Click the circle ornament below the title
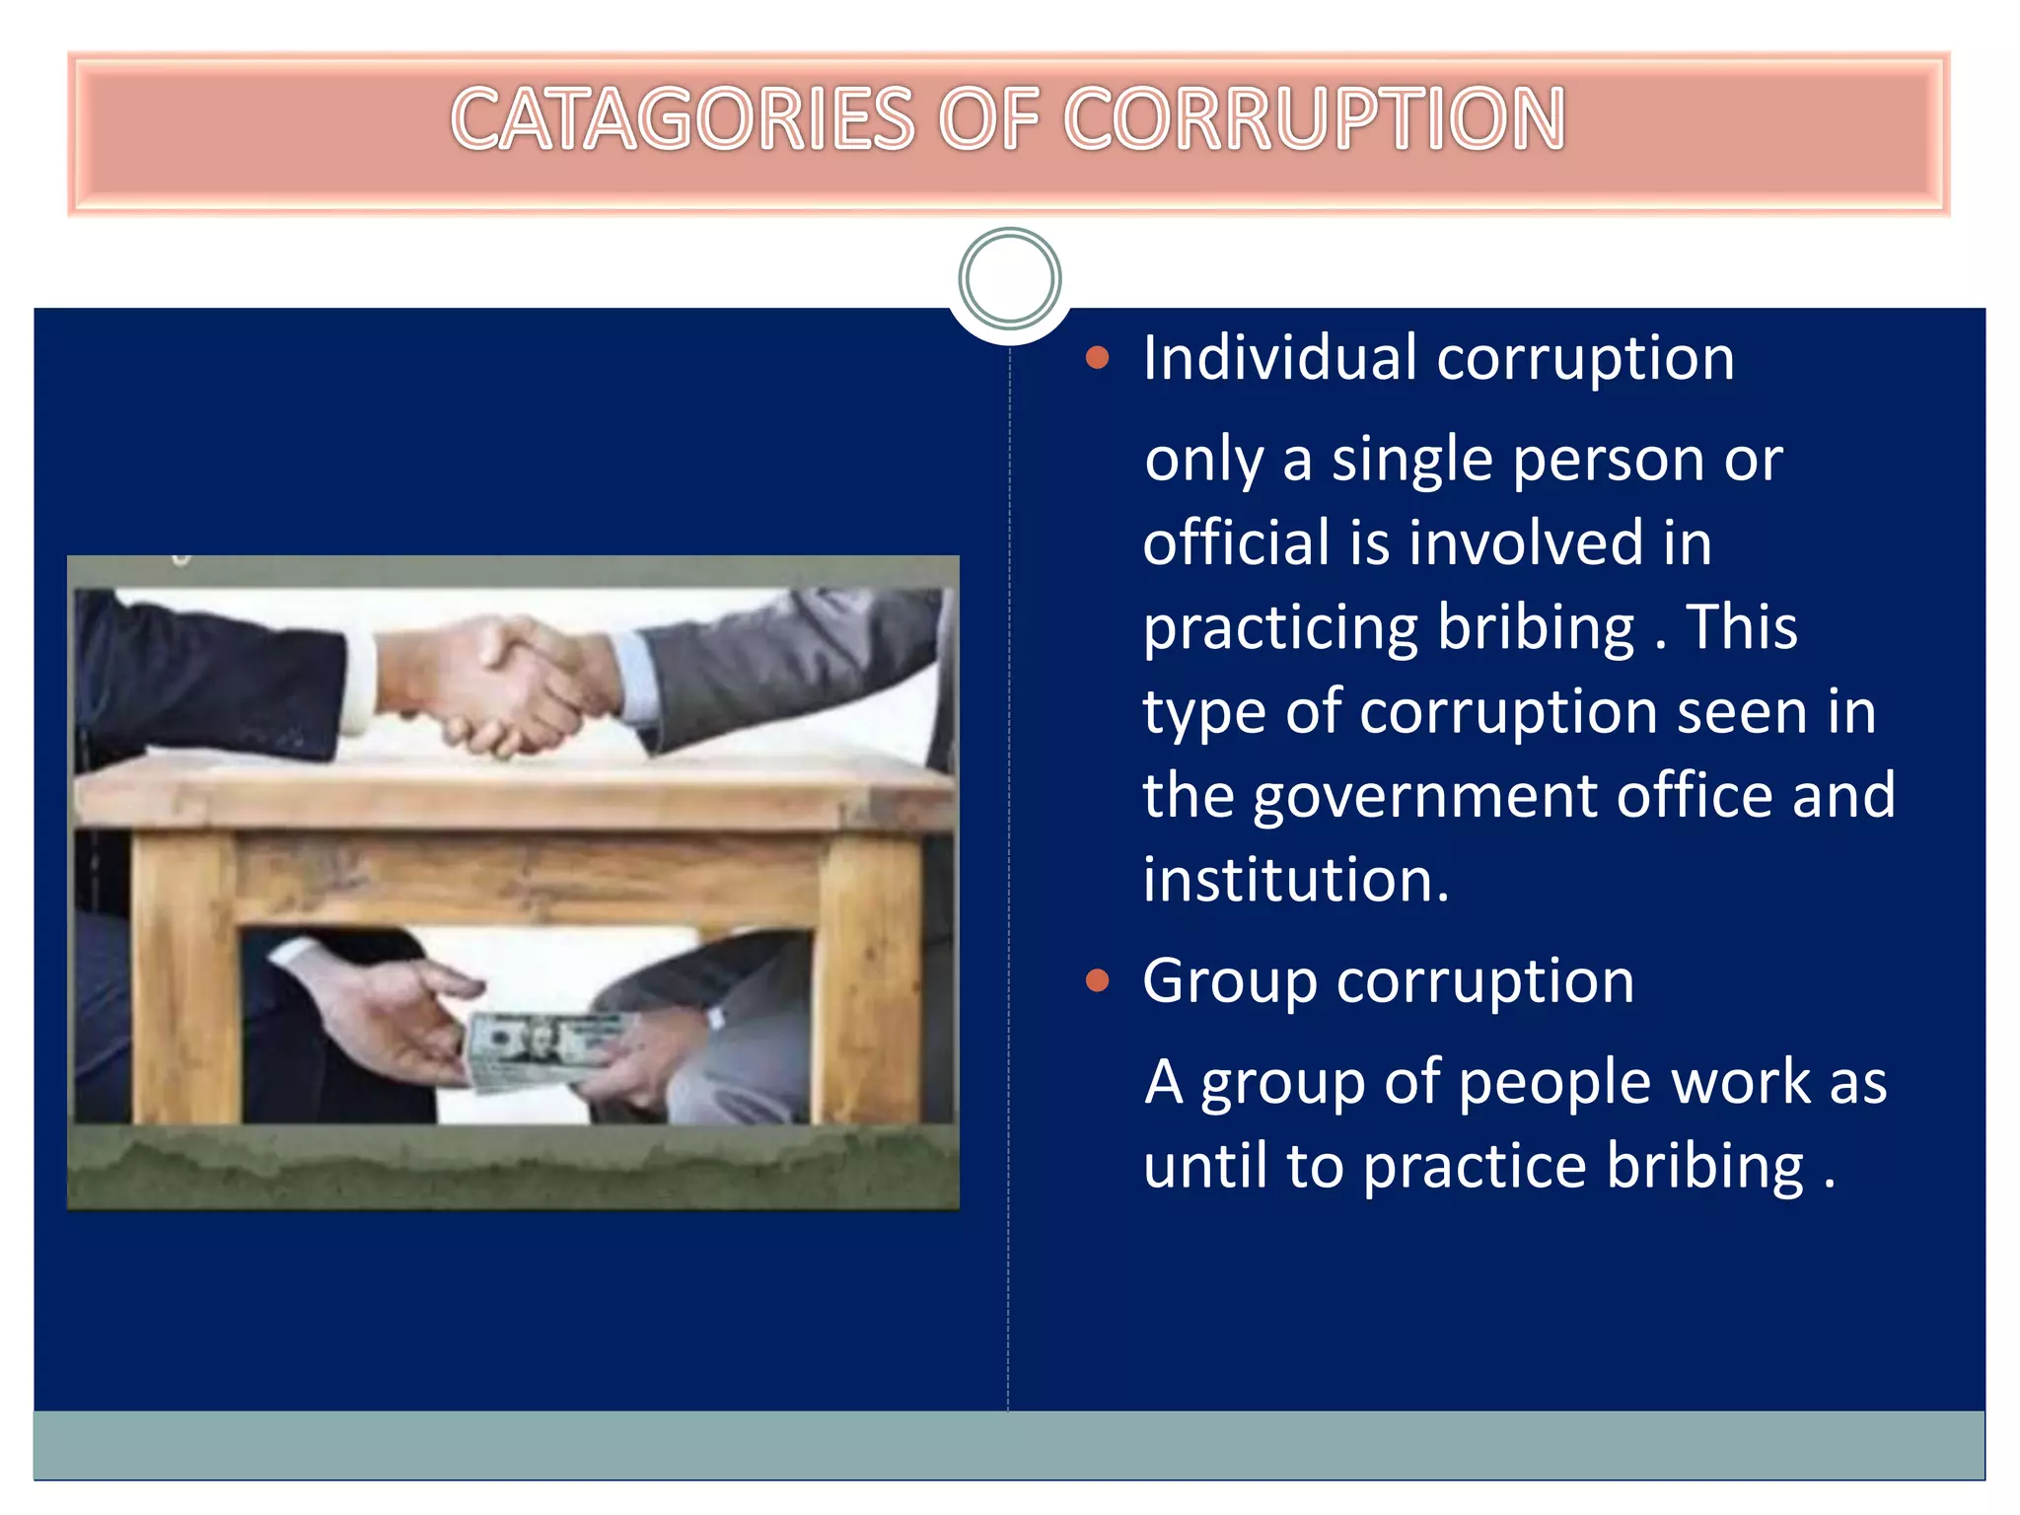tap(1009, 278)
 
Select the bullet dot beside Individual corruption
tap(1097, 357)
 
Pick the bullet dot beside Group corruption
tap(1097, 980)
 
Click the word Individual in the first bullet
tap(1279, 357)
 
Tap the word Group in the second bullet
tap(1229, 982)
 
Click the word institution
tap(1295, 880)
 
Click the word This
tap(1741, 627)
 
